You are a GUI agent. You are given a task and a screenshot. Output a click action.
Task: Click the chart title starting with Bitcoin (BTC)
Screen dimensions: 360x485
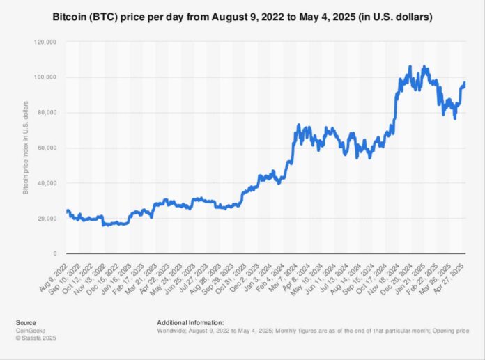pos(242,15)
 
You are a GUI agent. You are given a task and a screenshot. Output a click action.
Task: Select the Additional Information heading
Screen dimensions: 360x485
pos(191,323)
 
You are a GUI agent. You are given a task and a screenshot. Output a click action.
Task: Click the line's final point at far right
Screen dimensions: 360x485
pos(465,84)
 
